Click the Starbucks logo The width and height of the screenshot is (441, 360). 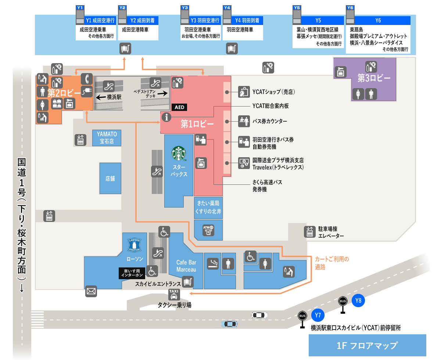179,154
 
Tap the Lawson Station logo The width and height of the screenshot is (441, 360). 134,245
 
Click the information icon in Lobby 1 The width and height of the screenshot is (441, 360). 167,118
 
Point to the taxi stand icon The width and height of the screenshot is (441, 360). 174,294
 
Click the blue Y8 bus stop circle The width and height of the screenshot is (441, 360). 358,301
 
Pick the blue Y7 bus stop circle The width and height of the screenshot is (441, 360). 318,315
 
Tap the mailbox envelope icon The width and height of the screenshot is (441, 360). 91,292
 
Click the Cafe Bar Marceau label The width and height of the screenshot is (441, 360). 186,266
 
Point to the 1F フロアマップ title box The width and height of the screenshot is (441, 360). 367,345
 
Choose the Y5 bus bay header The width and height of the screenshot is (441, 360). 318,21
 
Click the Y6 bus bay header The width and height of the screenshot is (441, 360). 378,21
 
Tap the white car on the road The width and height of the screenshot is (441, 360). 259,315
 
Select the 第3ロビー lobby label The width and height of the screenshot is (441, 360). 374,78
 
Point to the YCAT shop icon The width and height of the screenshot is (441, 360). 244,91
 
